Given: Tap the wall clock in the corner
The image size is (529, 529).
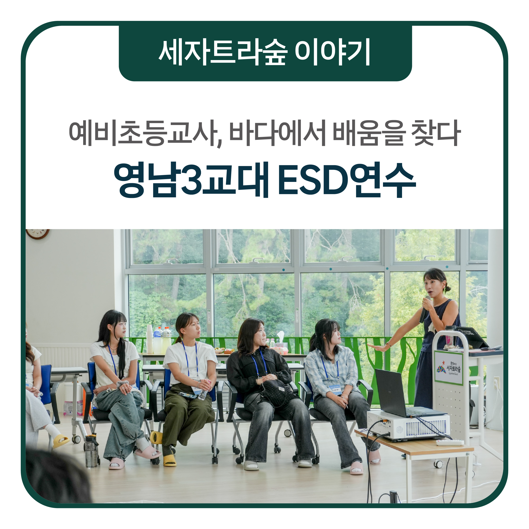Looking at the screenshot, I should pyautogui.click(x=37, y=234).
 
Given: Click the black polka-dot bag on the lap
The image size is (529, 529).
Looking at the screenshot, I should pyautogui.click(x=277, y=392).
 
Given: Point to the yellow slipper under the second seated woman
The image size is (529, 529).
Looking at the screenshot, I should pyautogui.click(x=169, y=461).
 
